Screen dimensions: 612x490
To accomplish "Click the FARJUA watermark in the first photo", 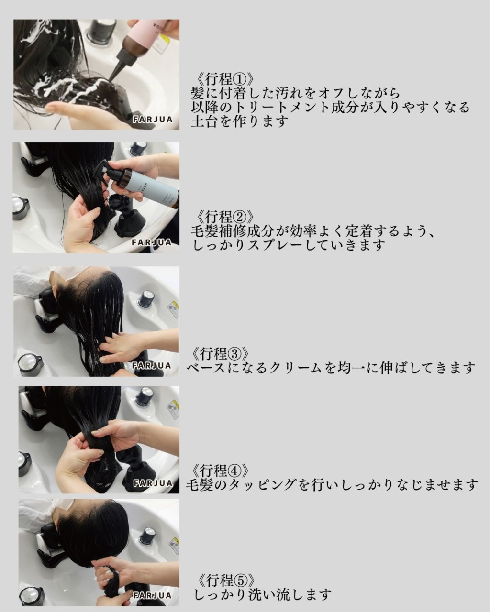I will point(153,119).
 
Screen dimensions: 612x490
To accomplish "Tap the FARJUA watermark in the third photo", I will point(151,366).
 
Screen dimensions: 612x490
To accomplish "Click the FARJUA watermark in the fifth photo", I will point(152,595).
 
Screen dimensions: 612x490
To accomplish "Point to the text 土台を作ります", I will point(240,121).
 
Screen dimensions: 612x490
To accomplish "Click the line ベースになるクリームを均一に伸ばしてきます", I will point(331,368).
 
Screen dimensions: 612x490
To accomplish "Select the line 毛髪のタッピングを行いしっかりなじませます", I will point(332,484).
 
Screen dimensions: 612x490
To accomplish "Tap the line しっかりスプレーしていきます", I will point(289,245).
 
